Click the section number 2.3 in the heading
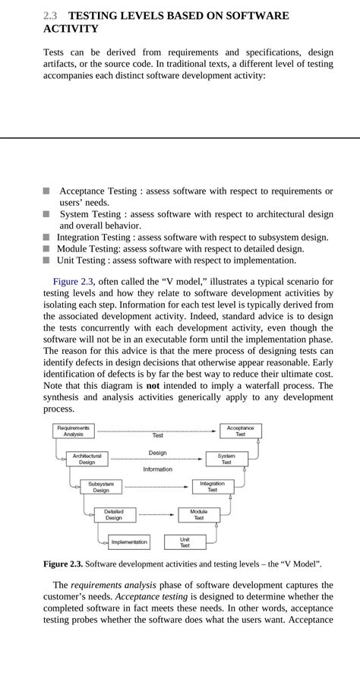click(x=50, y=15)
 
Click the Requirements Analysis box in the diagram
click(x=74, y=431)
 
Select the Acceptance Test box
click(x=240, y=431)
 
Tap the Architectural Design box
click(x=87, y=459)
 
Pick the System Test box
click(x=226, y=459)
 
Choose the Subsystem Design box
click(x=101, y=487)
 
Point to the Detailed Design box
click(x=114, y=514)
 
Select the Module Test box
click(x=198, y=514)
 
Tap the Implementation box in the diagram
click(x=128, y=542)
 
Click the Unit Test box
click(x=185, y=542)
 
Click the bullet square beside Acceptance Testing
click(x=47, y=191)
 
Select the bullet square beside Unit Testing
click(x=47, y=260)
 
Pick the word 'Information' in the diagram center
click(x=157, y=469)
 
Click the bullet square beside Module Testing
click(x=47, y=248)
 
